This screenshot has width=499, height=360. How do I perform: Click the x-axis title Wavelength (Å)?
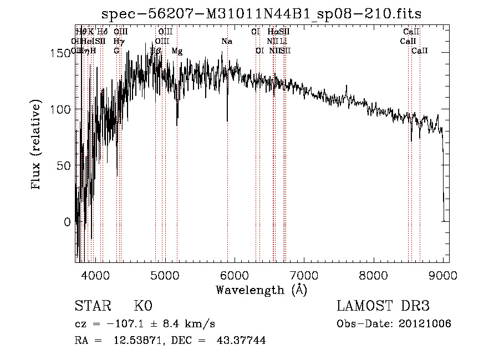262,290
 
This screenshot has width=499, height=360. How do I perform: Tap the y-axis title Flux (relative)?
37,145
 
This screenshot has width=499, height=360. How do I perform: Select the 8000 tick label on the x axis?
374,274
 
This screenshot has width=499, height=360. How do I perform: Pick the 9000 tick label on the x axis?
443,274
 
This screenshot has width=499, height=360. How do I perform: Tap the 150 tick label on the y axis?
62,53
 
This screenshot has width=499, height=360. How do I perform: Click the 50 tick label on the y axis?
64,165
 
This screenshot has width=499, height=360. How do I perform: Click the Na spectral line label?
226,42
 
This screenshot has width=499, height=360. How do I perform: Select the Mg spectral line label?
177,51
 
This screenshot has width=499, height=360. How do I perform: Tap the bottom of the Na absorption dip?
227,120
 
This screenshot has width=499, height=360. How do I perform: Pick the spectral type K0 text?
143,306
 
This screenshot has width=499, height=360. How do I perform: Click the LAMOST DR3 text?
383,306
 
